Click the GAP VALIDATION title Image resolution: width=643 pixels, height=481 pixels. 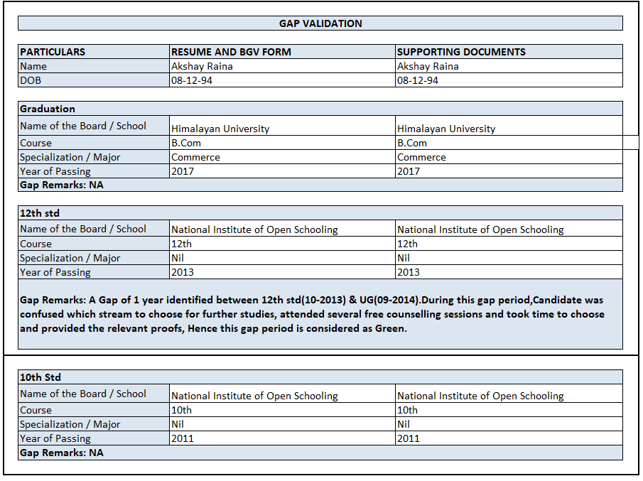click(320, 23)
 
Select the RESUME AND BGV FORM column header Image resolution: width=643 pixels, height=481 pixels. click(231, 52)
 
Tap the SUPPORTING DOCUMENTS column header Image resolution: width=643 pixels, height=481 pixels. click(461, 52)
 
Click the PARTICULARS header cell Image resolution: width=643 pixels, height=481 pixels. click(53, 52)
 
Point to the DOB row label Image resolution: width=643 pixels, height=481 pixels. click(31, 80)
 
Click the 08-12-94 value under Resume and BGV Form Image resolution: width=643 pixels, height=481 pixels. click(191, 80)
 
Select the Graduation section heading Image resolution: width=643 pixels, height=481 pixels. click(48, 109)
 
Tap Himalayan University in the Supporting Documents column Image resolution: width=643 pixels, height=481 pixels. click(446, 129)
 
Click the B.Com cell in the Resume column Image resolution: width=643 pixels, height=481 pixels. click(186, 143)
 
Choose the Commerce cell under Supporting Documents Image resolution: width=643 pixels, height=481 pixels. click(421, 157)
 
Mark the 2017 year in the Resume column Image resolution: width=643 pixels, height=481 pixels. click(183, 171)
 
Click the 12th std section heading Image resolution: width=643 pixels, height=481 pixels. click(40, 213)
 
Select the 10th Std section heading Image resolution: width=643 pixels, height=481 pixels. click(40, 377)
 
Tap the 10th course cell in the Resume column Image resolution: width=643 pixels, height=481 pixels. click(182, 410)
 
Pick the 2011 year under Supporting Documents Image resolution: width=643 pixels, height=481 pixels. click(409, 438)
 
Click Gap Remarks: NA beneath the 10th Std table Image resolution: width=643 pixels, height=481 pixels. click(62, 453)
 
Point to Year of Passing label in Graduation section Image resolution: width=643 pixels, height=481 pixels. click(55, 171)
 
